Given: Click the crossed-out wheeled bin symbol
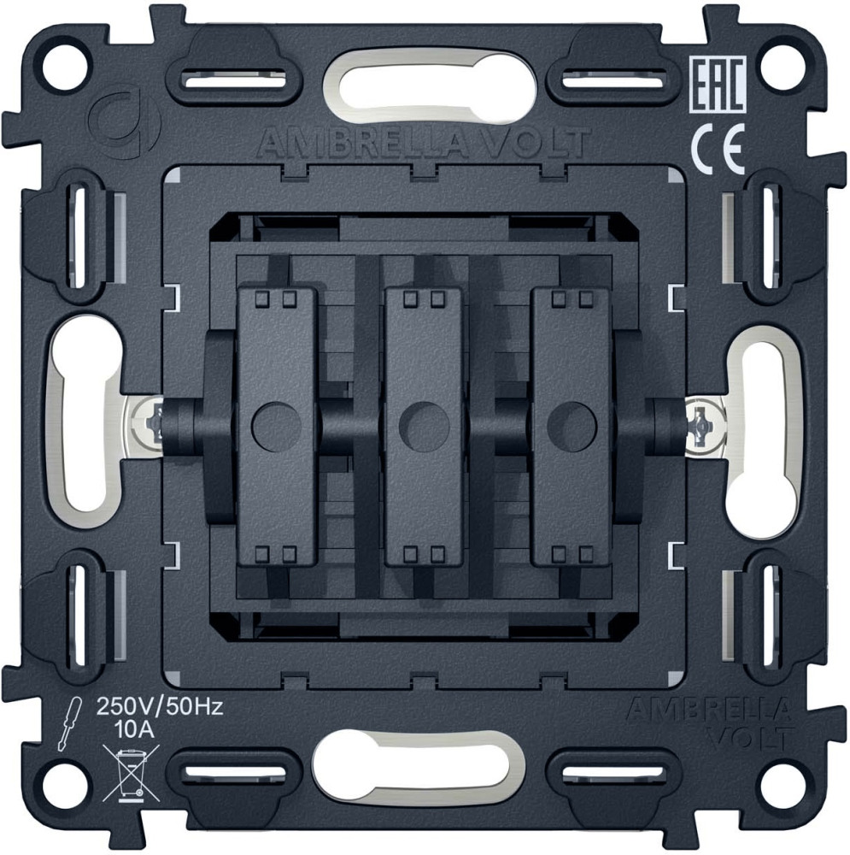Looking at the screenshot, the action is tap(132, 773).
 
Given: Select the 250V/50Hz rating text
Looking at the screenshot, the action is tap(160, 707).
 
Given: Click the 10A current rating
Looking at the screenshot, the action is tap(135, 729).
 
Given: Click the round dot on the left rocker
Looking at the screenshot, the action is tap(276, 426).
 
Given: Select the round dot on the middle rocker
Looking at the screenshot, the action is tap(424, 426).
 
